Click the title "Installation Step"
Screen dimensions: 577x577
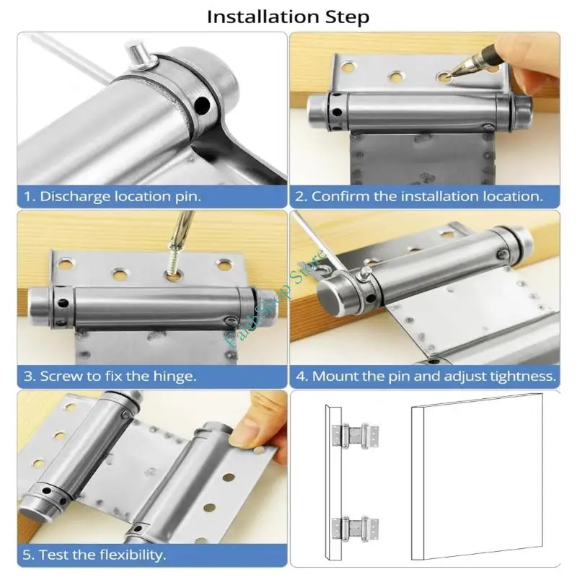(288, 17)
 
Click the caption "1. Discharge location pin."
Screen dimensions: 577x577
(113, 196)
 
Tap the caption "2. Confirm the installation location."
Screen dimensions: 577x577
(419, 196)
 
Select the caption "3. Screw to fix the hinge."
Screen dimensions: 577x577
(110, 376)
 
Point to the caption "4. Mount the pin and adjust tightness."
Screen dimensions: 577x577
(426, 376)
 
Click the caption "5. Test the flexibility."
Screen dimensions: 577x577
(94, 555)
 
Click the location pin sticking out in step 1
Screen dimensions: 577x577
(138, 56)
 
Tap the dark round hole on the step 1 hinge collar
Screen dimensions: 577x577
(202, 105)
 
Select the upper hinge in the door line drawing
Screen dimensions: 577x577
(355, 436)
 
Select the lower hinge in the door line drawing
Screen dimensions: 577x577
(355, 529)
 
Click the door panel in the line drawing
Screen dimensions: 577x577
(477, 477)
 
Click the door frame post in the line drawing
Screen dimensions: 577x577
(333, 483)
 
